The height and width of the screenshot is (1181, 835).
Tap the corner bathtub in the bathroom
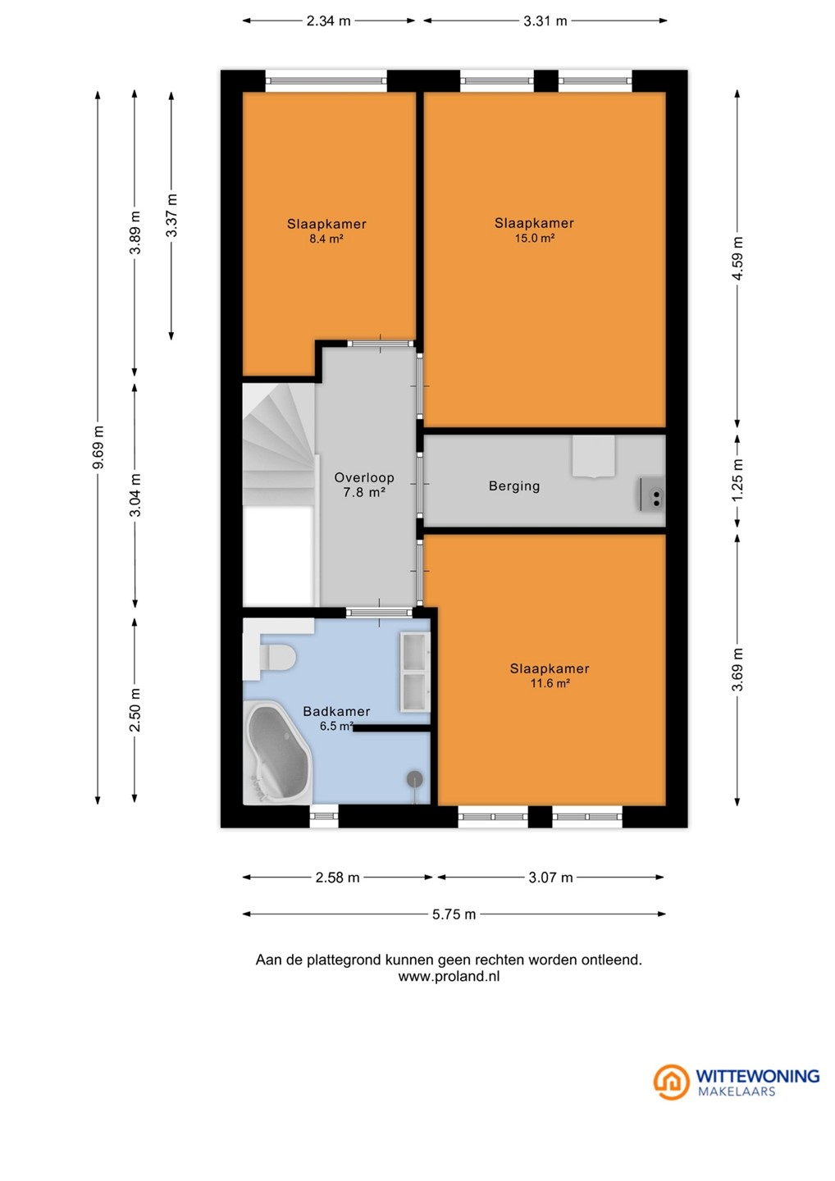[x=277, y=754]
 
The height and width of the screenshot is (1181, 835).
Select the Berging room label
[x=514, y=486]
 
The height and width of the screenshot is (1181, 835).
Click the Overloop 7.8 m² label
[x=364, y=485]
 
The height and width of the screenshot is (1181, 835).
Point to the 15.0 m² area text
[x=535, y=239]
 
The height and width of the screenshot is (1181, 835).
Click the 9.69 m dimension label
[x=98, y=447]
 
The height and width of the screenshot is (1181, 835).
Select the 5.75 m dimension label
[x=454, y=914]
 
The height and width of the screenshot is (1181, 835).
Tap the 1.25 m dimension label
[x=737, y=481]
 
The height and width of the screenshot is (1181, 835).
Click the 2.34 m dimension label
[x=328, y=21]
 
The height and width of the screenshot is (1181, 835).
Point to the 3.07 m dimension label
[x=550, y=878]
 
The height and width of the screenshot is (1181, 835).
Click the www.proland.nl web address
[x=449, y=977]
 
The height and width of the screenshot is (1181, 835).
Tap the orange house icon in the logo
[x=671, y=1082]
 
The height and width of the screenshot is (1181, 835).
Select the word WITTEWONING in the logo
[x=758, y=1076]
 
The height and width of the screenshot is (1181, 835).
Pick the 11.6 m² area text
[x=550, y=684]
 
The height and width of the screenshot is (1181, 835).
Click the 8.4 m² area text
[x=326, y=239]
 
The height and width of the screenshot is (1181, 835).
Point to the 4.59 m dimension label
[x=737, y=259]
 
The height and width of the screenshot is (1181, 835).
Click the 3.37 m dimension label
[x=171, y=215]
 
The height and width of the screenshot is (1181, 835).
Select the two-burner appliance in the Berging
[x=653, y=495]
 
